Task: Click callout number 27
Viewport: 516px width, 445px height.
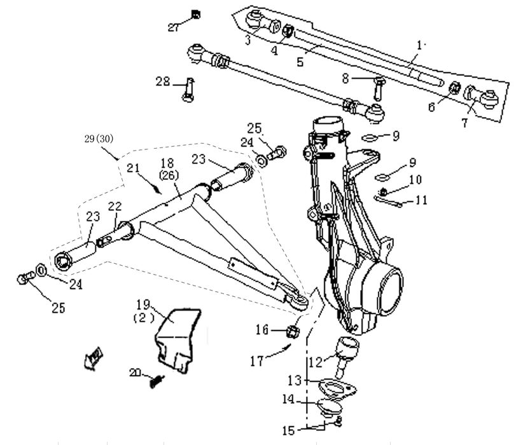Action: [174, 27]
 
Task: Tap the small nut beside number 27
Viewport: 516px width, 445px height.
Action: [196, 14]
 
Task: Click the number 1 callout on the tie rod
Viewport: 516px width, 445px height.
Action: [419, 46]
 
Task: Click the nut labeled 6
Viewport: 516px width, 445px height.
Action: [456, 88]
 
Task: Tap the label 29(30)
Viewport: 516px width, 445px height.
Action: [99, 137]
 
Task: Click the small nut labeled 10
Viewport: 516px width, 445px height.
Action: [384, 192]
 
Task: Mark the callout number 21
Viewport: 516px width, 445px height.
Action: [132, 168]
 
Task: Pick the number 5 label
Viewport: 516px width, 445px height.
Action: [301, 62]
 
